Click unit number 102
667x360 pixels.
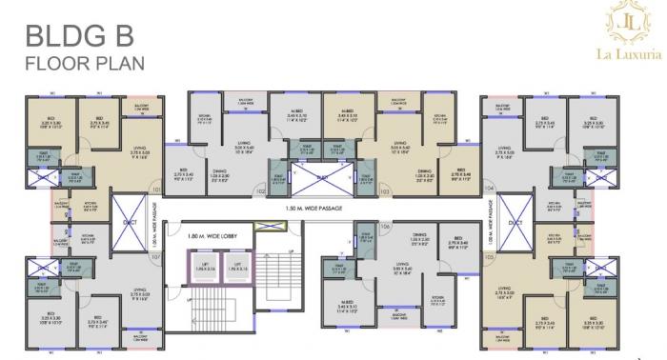point(259,191)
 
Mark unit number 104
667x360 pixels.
point(489,189)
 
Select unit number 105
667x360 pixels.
point(489,255)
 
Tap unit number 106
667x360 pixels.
point(385,226)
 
